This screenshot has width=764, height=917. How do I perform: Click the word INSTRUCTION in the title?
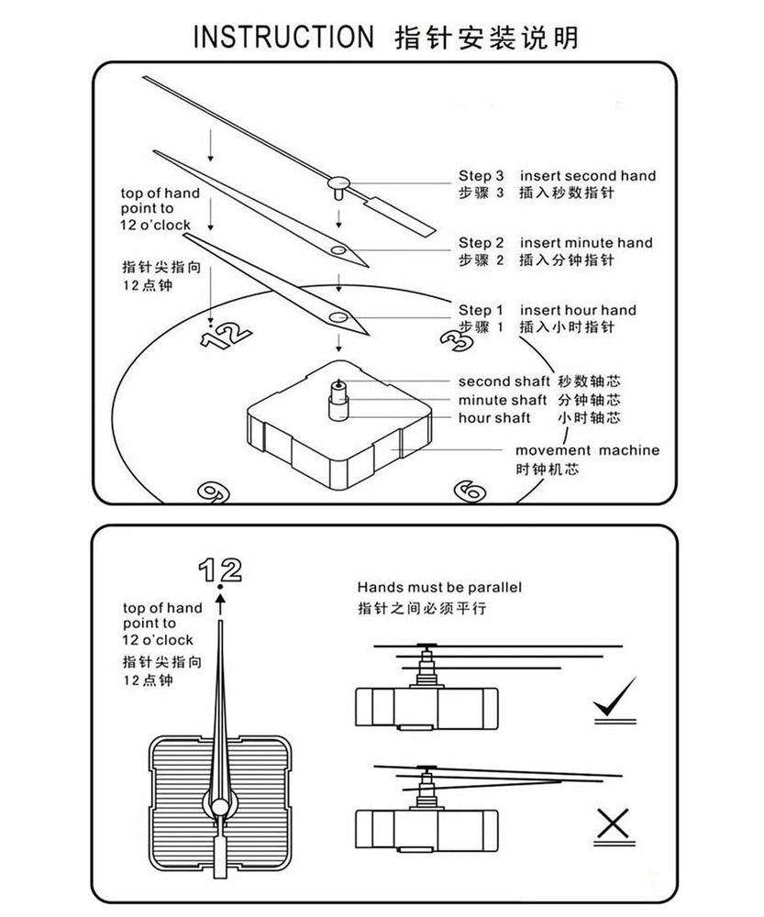pyautogui.click(x=283, y=37)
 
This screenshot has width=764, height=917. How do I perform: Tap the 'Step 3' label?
pyautogui.click(x=481, y=176)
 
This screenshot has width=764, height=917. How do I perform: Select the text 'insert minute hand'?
pyautogui.click(x=586, y=243)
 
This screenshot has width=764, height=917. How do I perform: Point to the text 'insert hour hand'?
pyautogui.click(x=578, y=310)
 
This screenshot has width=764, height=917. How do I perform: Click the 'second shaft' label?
pyautogui.click(x=504, y=381)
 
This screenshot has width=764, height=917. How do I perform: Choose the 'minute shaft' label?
pyautogui.click(x=503, y=400)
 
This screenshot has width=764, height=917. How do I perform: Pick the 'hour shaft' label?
pyautogui.click(x=494, y=417)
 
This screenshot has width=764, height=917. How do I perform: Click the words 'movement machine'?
pyautogui.click(x=587, y=450)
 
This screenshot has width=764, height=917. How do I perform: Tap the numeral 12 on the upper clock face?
pyautogui.click(x=226, y=337)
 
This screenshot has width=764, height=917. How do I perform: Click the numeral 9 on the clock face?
pyautogui.click(x=214, y=492)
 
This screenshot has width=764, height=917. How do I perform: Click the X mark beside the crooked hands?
pyautogui.click(x=614, y=823)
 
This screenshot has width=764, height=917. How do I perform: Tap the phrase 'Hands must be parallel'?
pyautogui.click(x=439, y=587)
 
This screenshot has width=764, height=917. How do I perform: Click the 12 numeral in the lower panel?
pyautogui.click(x=220, y=569)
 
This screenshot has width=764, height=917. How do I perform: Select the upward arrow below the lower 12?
pyautogui.click(x=220, y=603)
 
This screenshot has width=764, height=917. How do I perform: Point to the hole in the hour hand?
pyautogui.click(x=338, y=317)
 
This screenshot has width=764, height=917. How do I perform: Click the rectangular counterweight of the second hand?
pyautogui.click(x=400, y=216)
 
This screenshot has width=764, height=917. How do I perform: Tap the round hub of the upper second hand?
pyautogui.click(x=338, y=183)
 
